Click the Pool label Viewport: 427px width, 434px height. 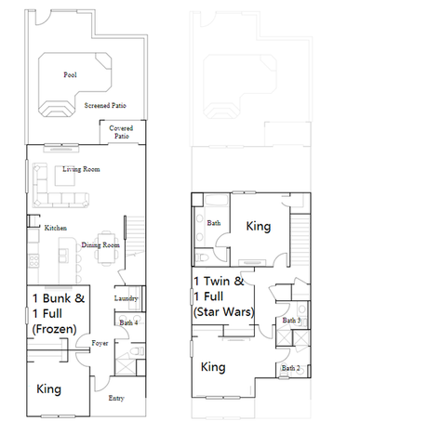70,74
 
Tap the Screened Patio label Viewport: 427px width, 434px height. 105,105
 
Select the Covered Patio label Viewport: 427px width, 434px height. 121,132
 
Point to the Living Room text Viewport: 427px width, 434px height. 81,169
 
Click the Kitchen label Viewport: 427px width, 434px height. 56,228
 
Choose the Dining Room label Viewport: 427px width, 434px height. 100,245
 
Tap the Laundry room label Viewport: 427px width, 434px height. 126,298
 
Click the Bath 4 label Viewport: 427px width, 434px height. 128,322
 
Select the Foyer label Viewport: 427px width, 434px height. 100,343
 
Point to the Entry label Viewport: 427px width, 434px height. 116,398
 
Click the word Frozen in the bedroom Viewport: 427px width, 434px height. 54,329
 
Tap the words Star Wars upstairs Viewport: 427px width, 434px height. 224,312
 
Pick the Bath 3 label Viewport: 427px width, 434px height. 291,321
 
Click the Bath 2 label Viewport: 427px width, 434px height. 290,368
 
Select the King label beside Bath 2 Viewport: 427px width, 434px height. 213,367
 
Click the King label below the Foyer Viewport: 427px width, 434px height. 48,389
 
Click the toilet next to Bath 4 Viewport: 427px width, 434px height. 139,351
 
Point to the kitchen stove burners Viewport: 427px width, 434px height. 33,261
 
